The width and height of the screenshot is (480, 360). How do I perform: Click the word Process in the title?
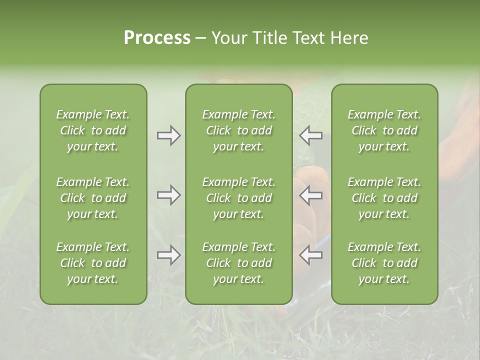tap(157, 38)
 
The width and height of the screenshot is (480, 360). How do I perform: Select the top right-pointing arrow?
tap(169, 135)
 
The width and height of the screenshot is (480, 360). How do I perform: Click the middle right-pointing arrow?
tap(169, 195)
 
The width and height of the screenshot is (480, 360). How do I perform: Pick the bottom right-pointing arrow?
tap(169, 255)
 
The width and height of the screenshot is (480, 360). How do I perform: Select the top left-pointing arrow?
tap(311, 135)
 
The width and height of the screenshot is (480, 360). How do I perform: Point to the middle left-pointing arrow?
tap(311, 195)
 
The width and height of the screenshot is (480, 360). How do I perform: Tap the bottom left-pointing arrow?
tap(311, 255)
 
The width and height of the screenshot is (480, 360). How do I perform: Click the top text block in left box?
tap(93, 130)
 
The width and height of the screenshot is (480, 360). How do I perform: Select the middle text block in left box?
tap(93, 198)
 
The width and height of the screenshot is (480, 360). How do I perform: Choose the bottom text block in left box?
tap(93, 263)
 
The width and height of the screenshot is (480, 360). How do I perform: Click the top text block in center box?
tap(239, 130)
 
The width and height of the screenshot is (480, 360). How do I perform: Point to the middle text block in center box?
tap(239, 198)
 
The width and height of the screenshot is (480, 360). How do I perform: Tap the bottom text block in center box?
tap(239, 263)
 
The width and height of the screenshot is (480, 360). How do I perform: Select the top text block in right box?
tap(384, 130)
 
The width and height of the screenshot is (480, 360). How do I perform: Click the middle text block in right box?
tap(384, 198)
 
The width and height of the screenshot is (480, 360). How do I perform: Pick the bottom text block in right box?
tap(384, 263)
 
